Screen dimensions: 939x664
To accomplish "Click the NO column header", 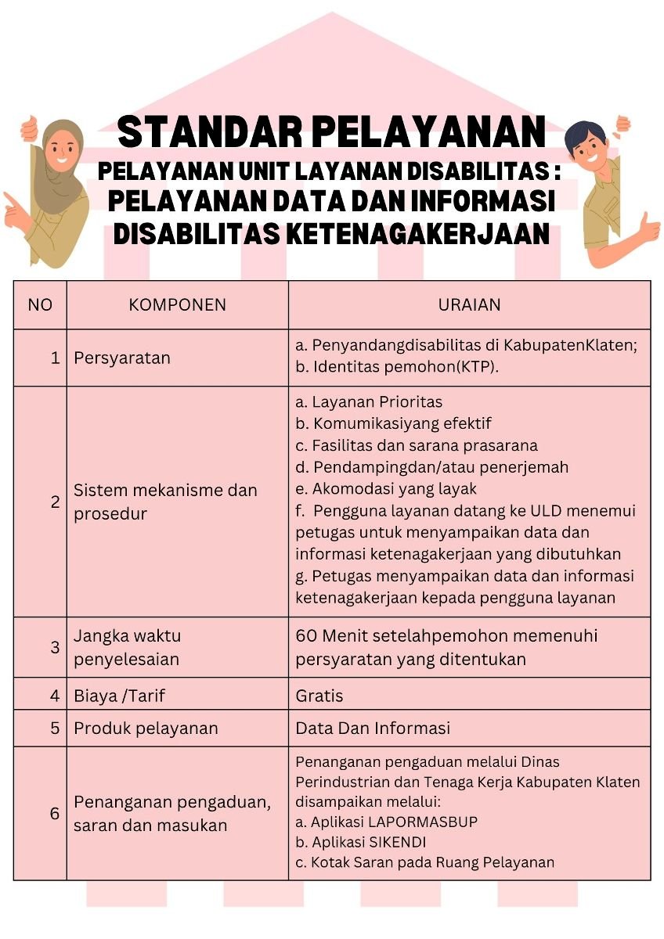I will [40, 305].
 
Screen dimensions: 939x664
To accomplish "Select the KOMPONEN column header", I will [177, 305].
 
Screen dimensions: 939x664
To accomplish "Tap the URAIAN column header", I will [469, 305].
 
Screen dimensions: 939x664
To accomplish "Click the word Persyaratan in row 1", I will [121, 358].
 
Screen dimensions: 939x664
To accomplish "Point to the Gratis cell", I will [319, 695].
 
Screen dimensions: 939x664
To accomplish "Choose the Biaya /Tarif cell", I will [119, 695].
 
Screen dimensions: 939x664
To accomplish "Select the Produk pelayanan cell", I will [146, 729].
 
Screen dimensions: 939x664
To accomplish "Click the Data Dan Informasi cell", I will [373, 729].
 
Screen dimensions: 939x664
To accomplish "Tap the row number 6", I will [55, 814].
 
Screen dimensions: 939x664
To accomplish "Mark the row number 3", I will [55, 647].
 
